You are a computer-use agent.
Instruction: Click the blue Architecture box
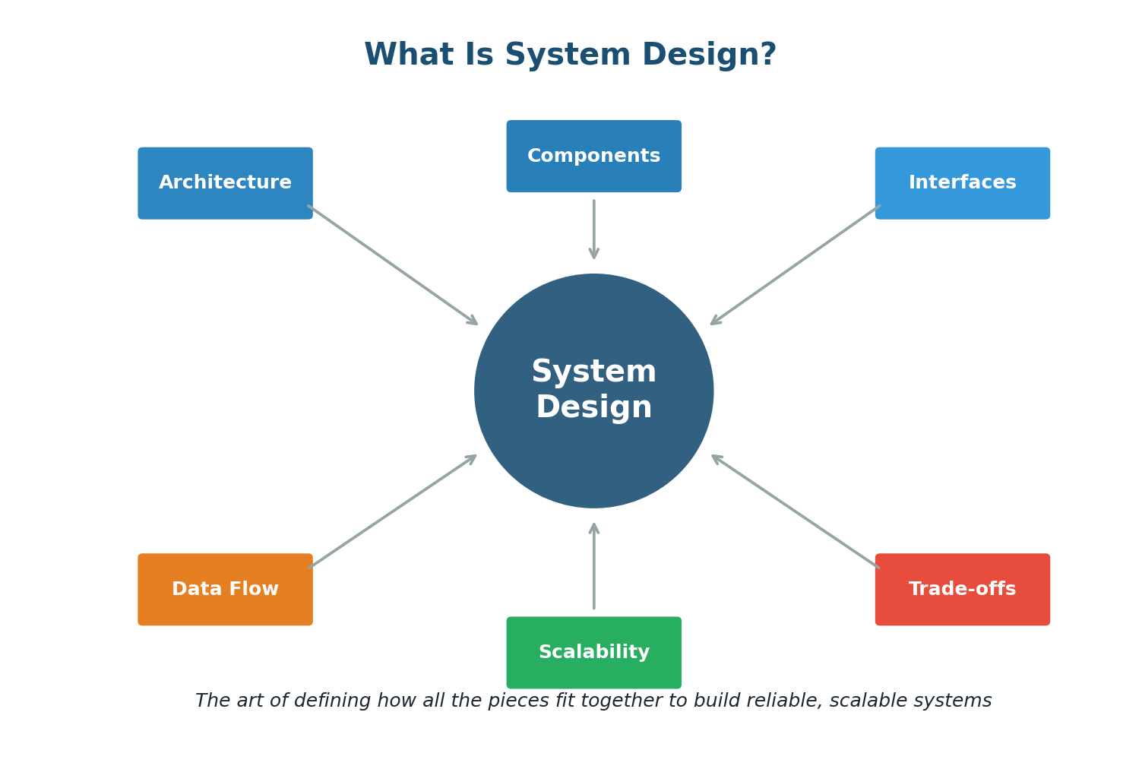(225, 183)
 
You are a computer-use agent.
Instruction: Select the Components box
(593, 156)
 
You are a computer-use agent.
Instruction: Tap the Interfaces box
(962, 183)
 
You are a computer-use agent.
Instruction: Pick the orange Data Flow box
(225, 590)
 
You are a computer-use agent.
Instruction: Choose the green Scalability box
(593, 653)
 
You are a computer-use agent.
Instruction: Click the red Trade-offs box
(962, 590)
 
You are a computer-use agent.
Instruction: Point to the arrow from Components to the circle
(594, 229)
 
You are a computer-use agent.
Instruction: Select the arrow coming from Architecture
(393, 264)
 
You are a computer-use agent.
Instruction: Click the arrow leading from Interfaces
(795, 264)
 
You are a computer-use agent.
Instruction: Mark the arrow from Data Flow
(393, 511)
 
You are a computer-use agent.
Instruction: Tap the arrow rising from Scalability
(594, 566)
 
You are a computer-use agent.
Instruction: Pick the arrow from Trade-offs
(795, 511)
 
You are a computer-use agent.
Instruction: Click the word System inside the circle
(593, 372)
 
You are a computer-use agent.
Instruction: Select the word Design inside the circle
(593, 408)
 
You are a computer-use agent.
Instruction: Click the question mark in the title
(767, 55)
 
